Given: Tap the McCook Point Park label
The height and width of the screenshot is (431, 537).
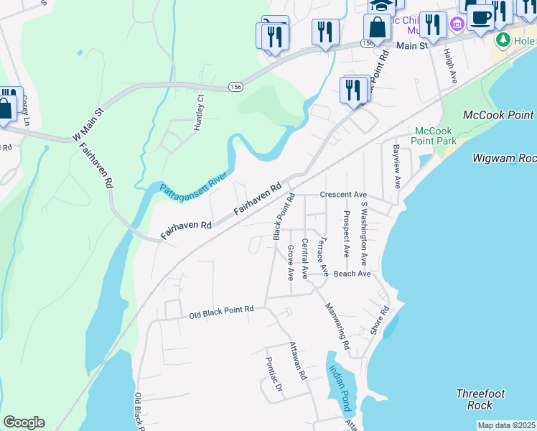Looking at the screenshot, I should [x=435, y=136].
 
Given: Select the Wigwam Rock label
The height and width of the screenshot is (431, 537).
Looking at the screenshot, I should [x=505, y=157].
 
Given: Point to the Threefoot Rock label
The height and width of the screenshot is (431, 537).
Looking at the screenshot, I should [x=480, y=399].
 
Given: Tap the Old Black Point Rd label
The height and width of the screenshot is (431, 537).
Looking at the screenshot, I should [x=222, y=312].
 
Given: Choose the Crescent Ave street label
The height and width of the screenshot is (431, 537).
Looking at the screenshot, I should [x=343, y=195].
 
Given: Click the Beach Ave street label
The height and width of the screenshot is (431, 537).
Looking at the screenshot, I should [x=352, y=274].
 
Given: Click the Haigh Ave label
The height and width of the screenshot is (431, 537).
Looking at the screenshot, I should [x=450, y=65].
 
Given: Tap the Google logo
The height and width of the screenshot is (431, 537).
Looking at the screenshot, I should [x=24, y=422].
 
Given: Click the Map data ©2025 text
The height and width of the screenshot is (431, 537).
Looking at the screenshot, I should [x=506, y=425].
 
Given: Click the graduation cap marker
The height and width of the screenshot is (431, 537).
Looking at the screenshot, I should [x=382, y=4].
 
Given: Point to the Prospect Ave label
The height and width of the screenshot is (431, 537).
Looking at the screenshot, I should [x=346, y=234].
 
